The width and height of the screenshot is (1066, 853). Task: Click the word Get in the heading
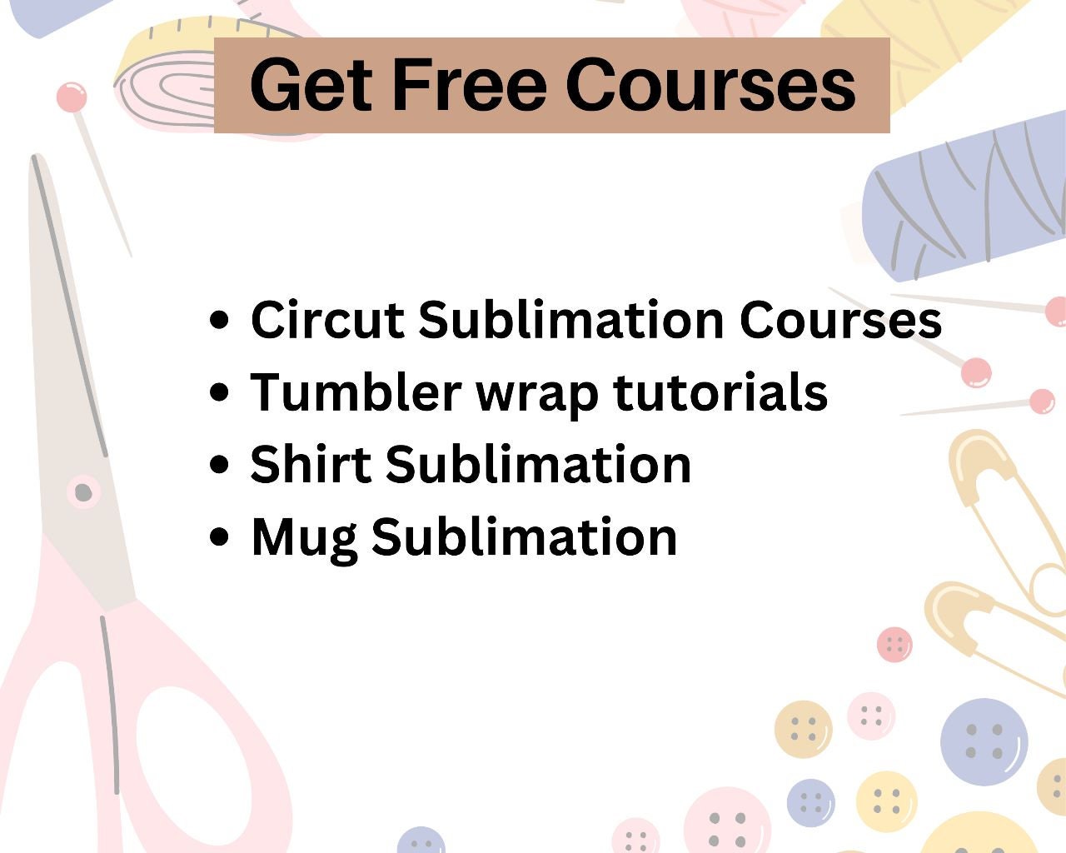pyautogui.click(x=311, y=85)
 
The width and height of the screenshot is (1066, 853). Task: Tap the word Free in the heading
pyautogui.click(x=470, y=85)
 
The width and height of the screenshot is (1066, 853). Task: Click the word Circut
pyautogui.click(x=327, y=320)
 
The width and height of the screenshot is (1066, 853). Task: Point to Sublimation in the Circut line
pyautogui.click(x=571, y=320)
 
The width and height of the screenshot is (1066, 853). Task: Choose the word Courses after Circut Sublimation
pyautogui.click(x=840, y=320)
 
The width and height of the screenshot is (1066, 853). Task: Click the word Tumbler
pyautogui.click(x=356, y=392)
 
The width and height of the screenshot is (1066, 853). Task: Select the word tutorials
pyautogui.click(x=720, y=392)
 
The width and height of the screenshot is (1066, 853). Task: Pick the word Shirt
pyautogui.click(x=311, y=464)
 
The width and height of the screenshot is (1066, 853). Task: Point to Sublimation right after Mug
pyautogui.click(x=524, y=536)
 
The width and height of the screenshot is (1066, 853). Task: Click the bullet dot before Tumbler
pyautogui.click(x=219, y=392)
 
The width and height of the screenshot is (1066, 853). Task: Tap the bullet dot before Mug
pyautogui.click(x=219, y=536)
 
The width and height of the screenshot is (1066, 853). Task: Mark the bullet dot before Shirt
pyautogui.click(x=219, y=464)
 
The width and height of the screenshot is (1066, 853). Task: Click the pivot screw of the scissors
pyautogui.click(x=83, y=492)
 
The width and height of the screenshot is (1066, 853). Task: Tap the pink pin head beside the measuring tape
pyautogui.click(x=72, y=97)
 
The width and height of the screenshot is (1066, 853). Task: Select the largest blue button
pyautogui.click(x=984, y=742)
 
